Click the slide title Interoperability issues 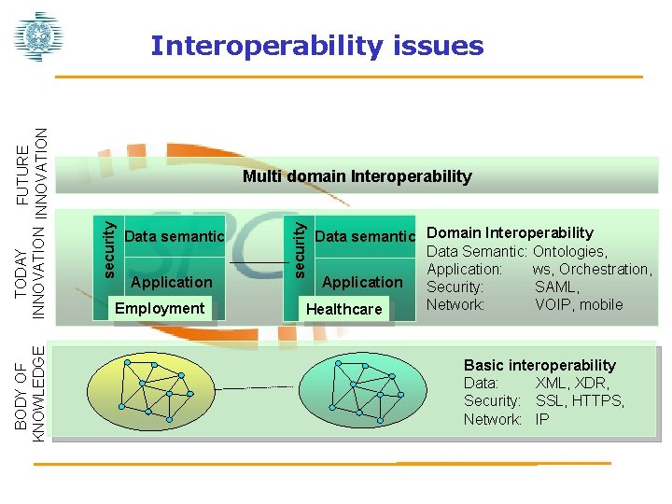[317, 46]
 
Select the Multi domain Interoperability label [357, 176]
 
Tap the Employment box [159, 308]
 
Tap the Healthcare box [343, 309]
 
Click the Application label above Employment [172, 282]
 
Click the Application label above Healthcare [362, 282]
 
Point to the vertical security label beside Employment [109, 246]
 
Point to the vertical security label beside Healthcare [298, 246]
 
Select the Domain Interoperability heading [510, 232]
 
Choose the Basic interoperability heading [539, 365]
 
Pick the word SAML [556, 287]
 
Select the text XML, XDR [572, 384]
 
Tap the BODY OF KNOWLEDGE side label [32, 392]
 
